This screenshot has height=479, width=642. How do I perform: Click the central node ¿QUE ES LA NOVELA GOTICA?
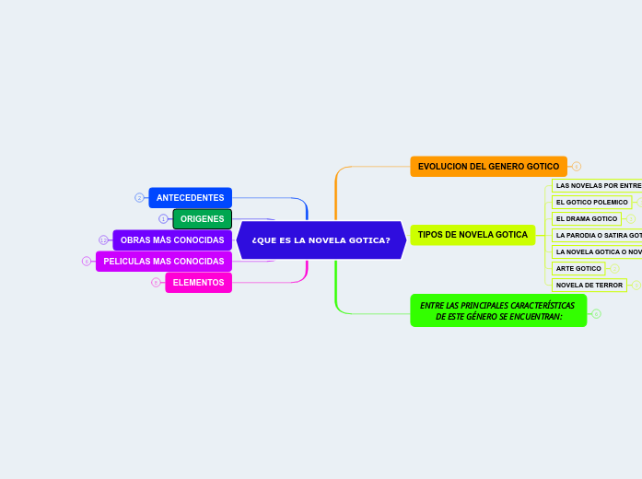point(321,240)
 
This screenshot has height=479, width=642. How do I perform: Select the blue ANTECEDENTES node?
point(190,198)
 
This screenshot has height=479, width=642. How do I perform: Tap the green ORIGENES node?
point(202,219)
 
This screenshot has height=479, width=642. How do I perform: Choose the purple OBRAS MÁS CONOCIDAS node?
point(172,240)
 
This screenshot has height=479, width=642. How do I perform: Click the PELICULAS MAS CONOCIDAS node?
point(164,262)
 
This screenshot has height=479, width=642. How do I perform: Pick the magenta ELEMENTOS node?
point(198,283)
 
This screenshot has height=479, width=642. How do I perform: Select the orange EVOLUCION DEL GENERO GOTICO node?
point(488,167)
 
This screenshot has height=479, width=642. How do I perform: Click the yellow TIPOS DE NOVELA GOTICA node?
point(473,235)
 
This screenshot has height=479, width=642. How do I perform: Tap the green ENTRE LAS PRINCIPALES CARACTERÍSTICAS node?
point(497,310)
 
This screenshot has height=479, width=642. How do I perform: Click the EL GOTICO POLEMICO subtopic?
point(592,202)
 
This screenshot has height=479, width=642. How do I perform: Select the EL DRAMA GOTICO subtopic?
point(587,219)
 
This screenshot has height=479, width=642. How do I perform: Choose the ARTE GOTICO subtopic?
point(578,269)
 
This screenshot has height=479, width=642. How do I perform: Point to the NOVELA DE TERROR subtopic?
point(589,286)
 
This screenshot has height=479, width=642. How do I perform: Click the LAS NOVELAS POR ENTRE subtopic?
point(598,185)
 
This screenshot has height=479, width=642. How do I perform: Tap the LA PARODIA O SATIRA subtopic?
point(598,235)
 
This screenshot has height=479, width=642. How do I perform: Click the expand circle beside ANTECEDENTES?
point(139,198)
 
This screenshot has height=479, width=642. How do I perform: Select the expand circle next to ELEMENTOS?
point(156,283)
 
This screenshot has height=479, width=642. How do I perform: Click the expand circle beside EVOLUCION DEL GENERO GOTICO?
point(577,167)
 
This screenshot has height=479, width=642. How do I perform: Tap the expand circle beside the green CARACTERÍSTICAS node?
point(596,314)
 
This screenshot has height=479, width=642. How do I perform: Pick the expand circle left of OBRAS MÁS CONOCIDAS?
point(103,240)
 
